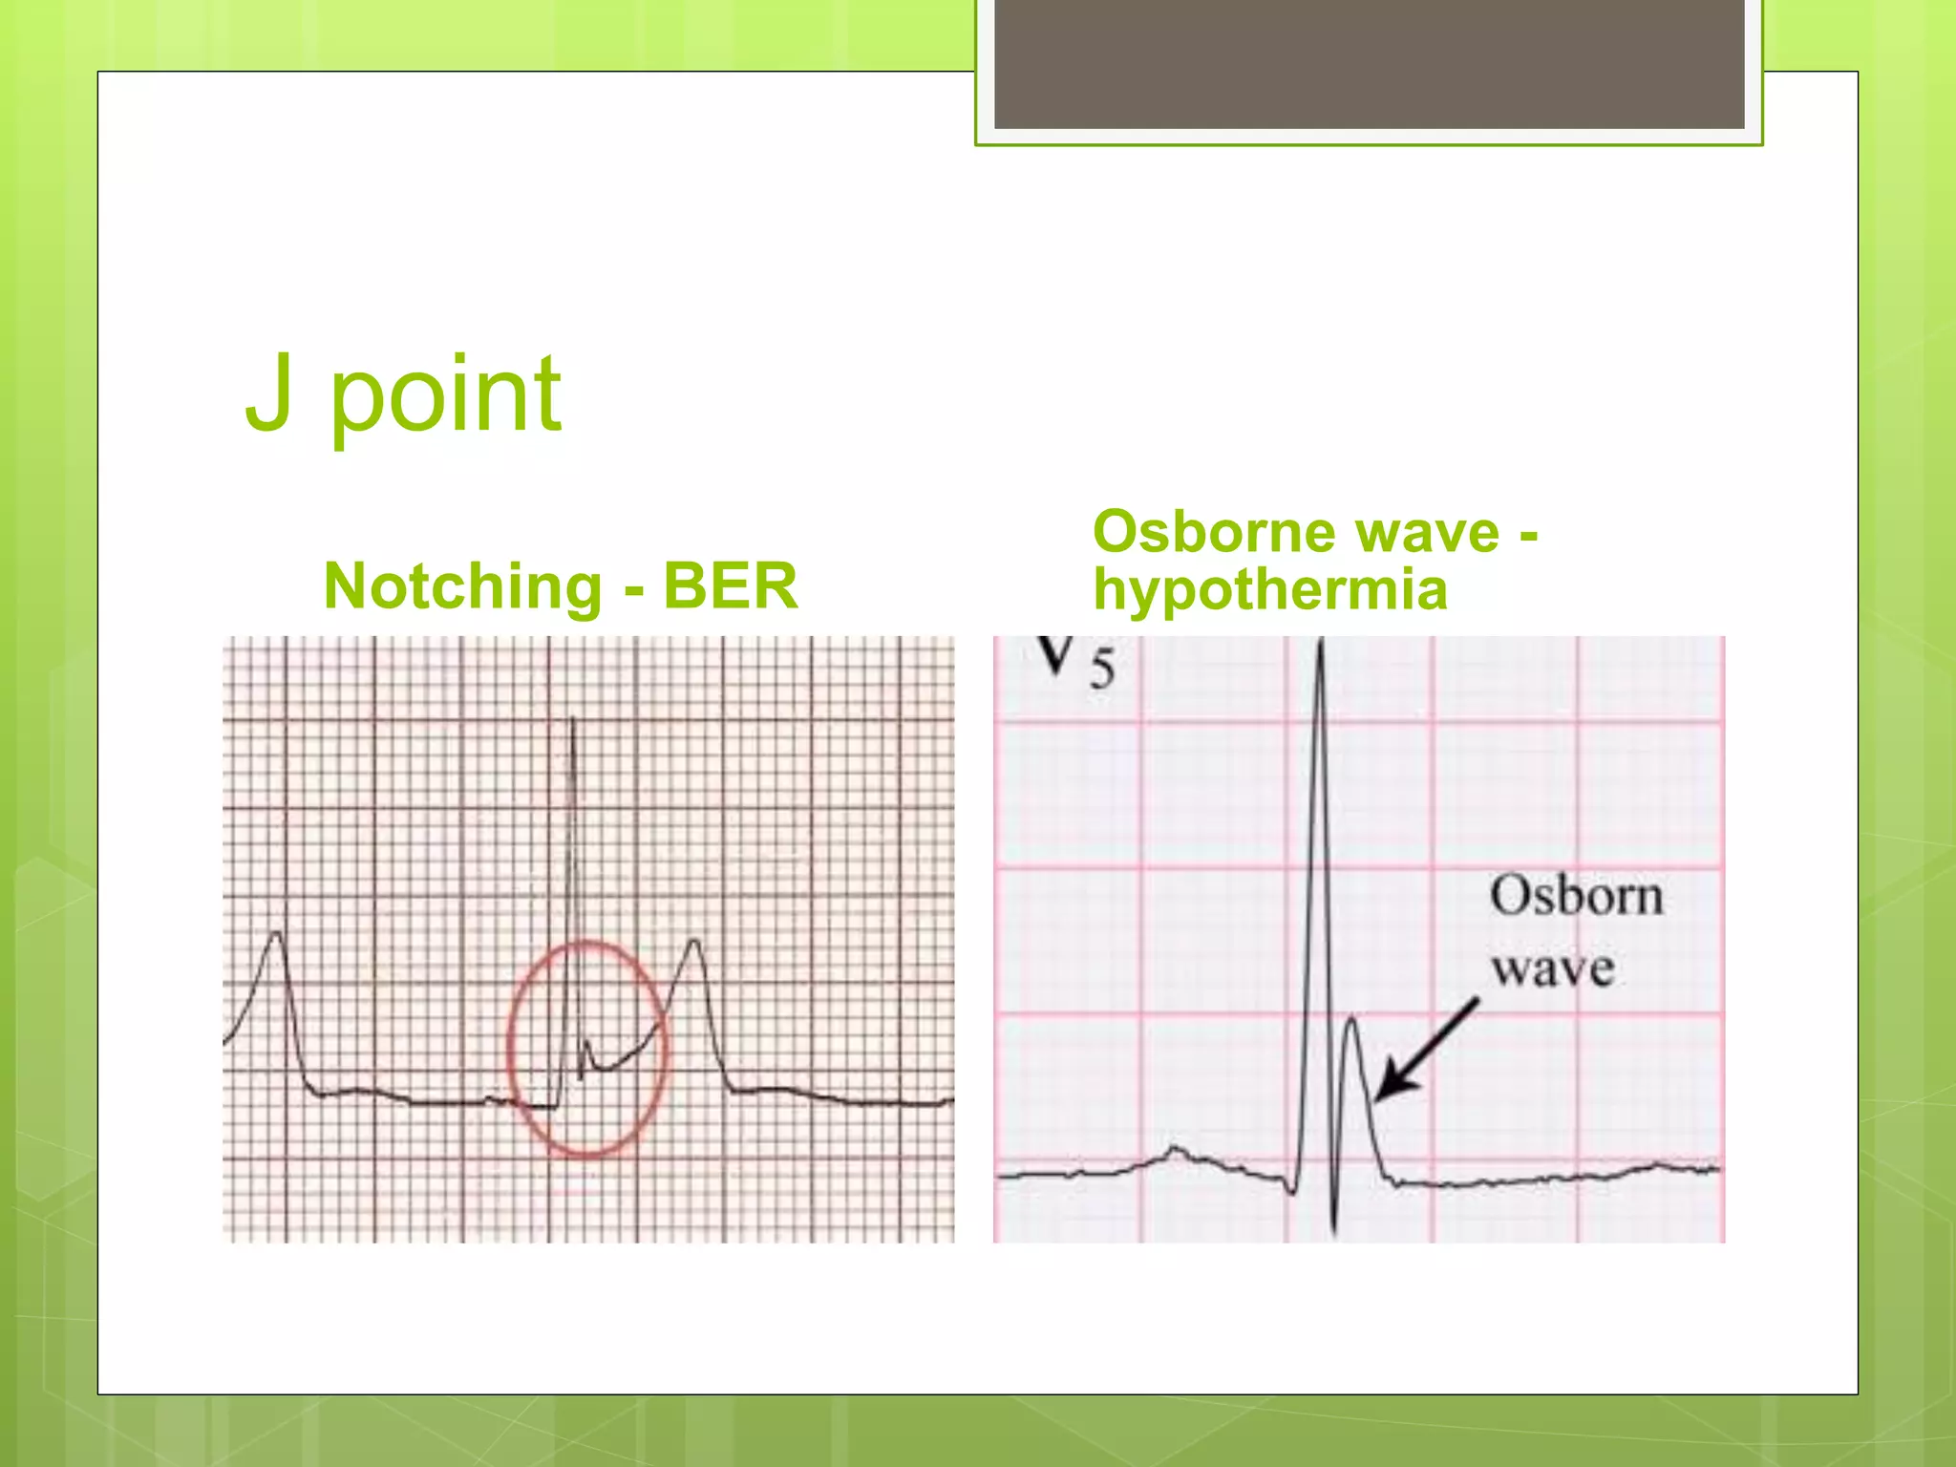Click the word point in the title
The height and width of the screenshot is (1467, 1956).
pos(446,396)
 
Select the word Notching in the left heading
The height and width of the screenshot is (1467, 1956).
pos(462,585)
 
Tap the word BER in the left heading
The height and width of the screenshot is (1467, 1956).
pos(730,585)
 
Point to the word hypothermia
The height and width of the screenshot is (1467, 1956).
pos(1270,589)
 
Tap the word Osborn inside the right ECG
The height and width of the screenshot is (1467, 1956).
pos(1576,896)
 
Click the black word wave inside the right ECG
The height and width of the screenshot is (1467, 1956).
pos(1553,968)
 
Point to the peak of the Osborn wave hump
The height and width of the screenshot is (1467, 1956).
pos(1351,1020)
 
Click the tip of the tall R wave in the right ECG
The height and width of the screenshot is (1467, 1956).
pos(1320,646)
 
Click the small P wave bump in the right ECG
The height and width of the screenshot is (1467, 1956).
pos(1176,1151)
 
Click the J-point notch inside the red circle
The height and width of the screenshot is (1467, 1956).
pos(585,1044)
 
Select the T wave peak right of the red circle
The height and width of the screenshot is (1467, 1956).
pos(694,943)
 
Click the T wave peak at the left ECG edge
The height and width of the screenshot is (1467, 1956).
pos(277,934)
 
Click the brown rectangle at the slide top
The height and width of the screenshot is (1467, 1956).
pos(1369,63)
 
